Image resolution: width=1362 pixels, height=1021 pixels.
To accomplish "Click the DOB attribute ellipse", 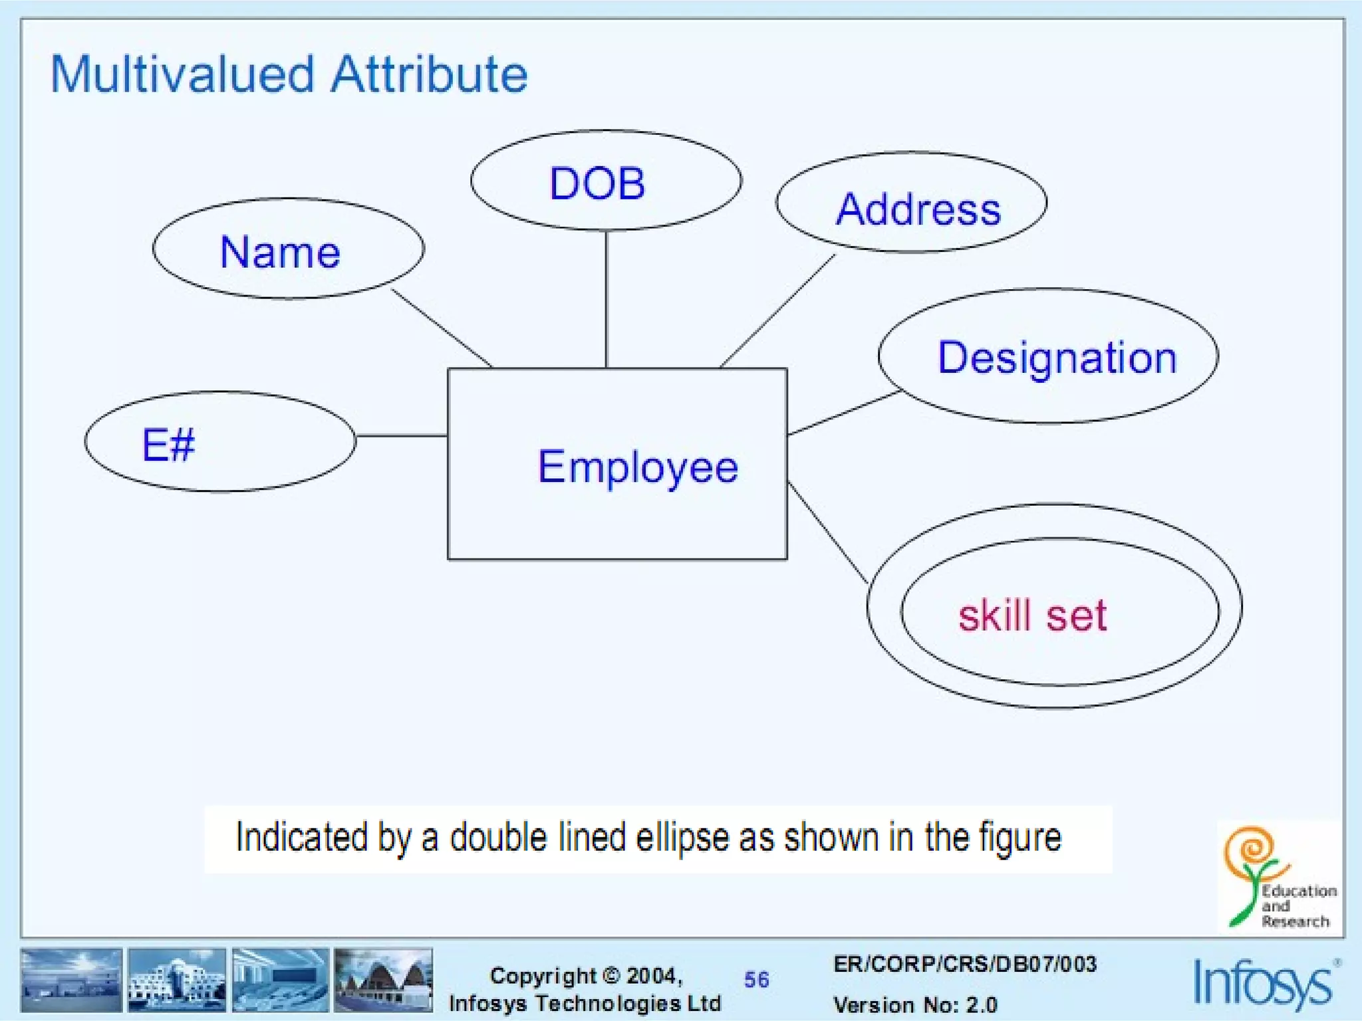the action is pyautogui.click(x=605, y=181).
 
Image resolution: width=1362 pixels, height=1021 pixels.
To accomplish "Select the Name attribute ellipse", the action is pyautogui.click(x=288, y=249).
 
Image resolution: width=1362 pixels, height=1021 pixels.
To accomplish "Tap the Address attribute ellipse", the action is pyautogui.click(x=911, y=203).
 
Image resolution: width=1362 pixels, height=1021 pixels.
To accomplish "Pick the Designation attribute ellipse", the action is pyautogui.click(x=1048, y=356).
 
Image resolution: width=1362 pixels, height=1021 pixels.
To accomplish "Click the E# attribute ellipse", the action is pyautogui.click(x=219, y=442).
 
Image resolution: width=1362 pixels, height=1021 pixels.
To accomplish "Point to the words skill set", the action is pyautogui.click(x=1032, y=615).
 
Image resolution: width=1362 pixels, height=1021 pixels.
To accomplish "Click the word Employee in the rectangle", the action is pyautogui.click(x=638, y=467).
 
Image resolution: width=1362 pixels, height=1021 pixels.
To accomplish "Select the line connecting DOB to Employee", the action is pyautogui.click(x=606, y=299).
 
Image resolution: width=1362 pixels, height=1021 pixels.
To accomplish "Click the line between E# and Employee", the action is pyautogui.click(x=401, y=436).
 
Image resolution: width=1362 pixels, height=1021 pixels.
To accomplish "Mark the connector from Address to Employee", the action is pyautogui.click(x=778, y=310).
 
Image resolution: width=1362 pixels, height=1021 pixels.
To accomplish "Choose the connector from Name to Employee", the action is pyautogui.click(x=441, y=327).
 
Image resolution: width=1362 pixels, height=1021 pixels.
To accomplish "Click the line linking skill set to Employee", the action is pyautogui.click(x=827, y=532).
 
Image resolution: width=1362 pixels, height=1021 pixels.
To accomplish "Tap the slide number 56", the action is pyautogui.click(x=756, y=979).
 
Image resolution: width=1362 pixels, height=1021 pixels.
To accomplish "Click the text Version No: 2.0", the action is pyautogui.click(x=915, y=1004).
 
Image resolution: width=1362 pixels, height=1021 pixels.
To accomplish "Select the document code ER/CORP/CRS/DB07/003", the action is pyautogui.click(x=964, y=964).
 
